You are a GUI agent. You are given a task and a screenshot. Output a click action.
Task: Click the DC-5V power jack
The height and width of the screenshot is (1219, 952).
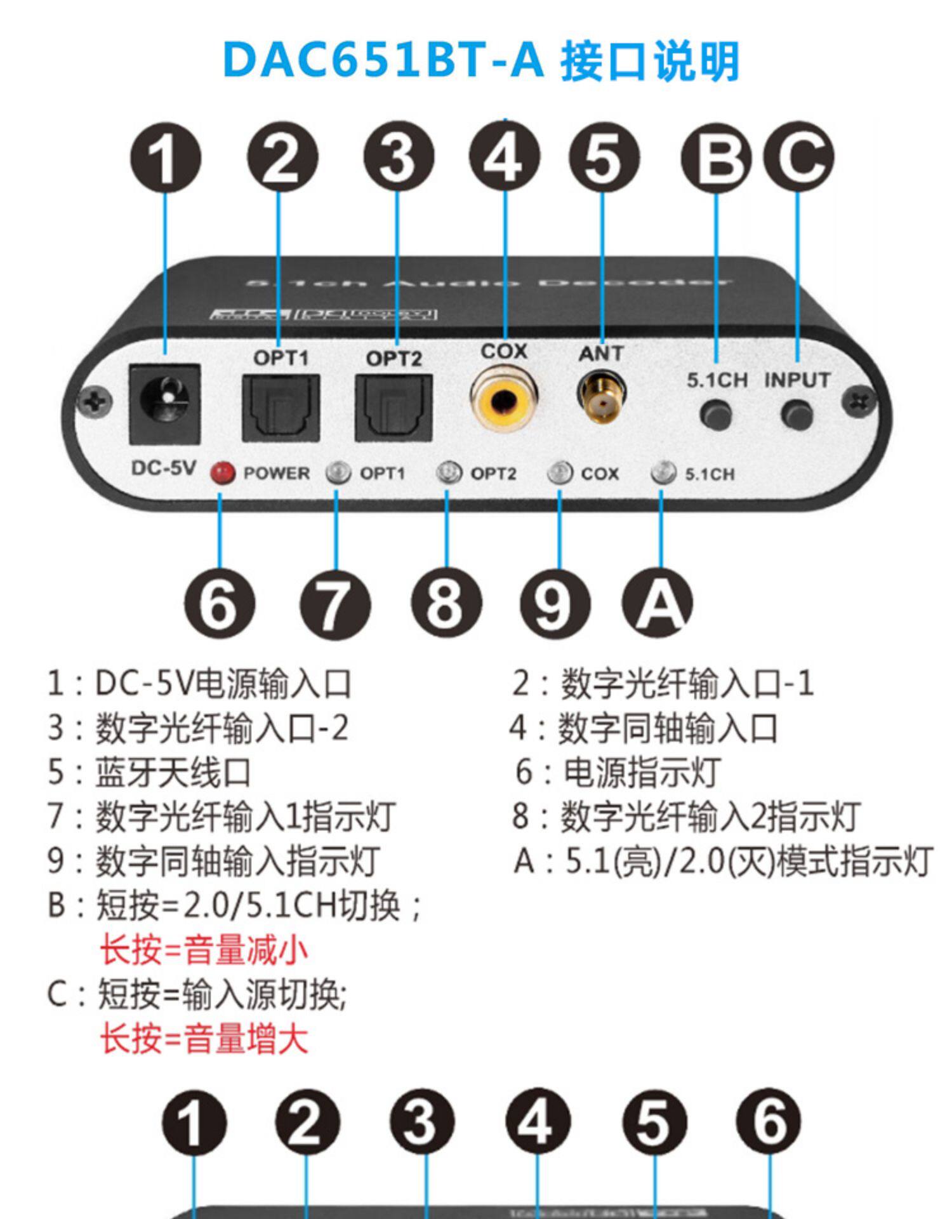(x=164, y=404)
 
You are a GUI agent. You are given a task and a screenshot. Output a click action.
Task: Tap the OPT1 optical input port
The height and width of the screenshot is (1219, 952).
(x=280, y=407)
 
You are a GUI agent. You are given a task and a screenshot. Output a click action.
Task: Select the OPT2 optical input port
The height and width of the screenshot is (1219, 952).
(x=393, y=407)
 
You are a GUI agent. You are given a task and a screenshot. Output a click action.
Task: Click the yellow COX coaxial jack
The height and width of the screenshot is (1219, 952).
(x=504, y=399)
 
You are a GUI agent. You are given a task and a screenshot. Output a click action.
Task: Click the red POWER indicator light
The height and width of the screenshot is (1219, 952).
(x=222, y=472)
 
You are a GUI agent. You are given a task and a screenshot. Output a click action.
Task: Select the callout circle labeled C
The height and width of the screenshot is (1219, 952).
(x=798, y=156)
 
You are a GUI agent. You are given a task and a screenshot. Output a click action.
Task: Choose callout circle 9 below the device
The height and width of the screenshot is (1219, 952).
(x=554, y=604)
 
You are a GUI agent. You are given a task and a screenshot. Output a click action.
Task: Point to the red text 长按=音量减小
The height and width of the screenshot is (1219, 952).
(x=204, y=950)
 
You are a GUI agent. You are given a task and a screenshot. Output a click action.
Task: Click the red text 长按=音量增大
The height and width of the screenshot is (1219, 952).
(x=204, y=1039)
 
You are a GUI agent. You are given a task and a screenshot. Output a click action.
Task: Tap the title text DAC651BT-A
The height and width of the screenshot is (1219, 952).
(x=383, y=62)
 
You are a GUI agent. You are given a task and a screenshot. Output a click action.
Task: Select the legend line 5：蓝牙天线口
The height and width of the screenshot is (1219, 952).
(x=149, y=773)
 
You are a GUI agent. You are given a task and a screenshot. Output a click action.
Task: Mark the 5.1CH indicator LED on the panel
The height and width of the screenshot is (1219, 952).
(x=663, y=473)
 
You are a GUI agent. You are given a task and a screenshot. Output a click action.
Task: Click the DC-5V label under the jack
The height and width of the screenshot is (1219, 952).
(x=163, y=469)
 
